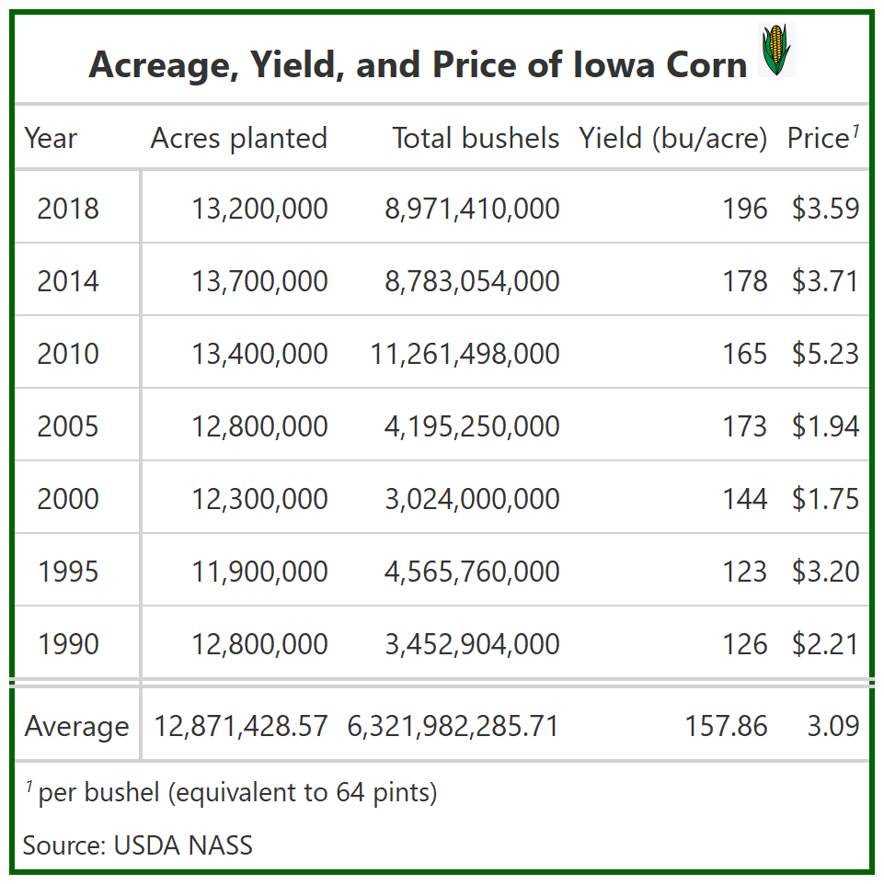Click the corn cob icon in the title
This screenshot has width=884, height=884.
pos(776,51)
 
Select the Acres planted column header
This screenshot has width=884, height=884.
pos(238,138)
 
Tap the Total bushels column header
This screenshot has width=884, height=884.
pos(476,138)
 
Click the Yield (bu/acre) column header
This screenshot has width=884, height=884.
pos(672,138)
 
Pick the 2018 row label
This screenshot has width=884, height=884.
pos(68,209)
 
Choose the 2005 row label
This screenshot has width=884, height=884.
pos(68,426)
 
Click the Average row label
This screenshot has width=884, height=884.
pos(76,726)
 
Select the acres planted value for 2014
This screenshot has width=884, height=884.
pos(259,281)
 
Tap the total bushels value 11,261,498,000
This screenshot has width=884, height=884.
pos(465,354)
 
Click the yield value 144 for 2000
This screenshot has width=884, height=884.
pos(744,499)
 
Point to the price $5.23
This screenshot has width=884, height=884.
pos(825,354)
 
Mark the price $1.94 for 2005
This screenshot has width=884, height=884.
pos(825,426)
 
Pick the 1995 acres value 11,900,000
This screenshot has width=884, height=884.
pos(259,572)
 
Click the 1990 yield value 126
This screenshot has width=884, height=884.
pos(744,644)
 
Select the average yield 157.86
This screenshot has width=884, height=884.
pos(726,726)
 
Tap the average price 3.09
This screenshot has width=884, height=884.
pos(833,726)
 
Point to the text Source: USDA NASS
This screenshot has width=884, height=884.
pos(138,844)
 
